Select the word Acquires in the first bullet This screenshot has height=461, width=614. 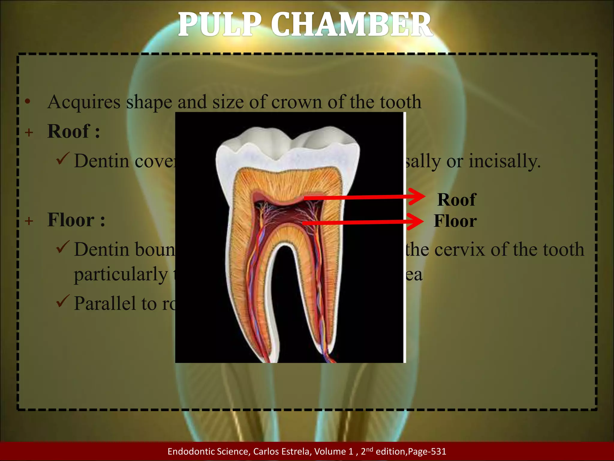(84, 102)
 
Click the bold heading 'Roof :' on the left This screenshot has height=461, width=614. (73, 131)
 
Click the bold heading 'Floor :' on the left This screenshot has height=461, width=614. (76, 220)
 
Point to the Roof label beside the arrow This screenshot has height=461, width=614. (456, 200)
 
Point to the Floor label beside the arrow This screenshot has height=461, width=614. (455, 221)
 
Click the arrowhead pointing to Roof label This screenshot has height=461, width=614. (418, 197)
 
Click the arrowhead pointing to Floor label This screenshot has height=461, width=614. (417, 222)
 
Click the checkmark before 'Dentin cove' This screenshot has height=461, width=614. (63, 158)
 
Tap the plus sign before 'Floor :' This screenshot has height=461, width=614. (29, 221)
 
